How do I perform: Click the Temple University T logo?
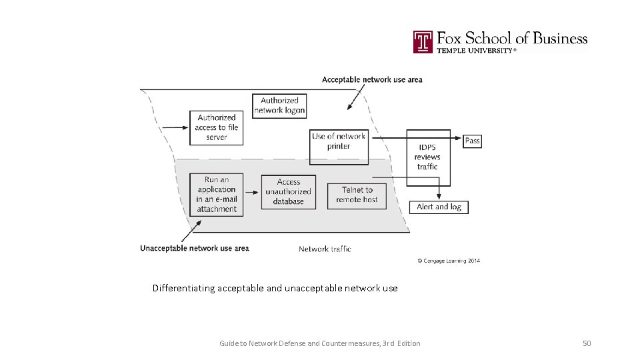[423, 41]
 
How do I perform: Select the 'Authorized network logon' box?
[280, 105]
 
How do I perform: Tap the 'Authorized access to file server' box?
[216, 127]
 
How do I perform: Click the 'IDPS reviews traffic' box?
[428, 157]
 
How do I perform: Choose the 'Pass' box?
[472, 141]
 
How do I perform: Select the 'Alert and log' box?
[439, 207]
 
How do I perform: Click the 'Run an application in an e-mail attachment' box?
[216, 194]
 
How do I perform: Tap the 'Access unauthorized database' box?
[288, 191]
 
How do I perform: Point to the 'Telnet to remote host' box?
[357, 194]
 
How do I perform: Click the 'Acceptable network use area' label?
[372, 79]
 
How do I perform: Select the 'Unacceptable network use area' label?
[195, 249]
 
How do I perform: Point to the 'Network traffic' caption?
[325, 249]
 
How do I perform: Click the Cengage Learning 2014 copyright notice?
[449, 261]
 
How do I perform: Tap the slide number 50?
[587, 343]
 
